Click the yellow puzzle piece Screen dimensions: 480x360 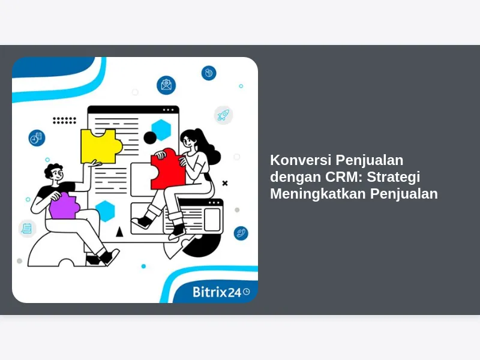point(100,146)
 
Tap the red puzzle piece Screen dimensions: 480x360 point(168,170)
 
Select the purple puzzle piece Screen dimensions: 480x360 point(64,206)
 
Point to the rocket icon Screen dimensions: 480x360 point(223,115)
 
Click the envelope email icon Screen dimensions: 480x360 point(166,85)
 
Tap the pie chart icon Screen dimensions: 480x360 point(209,73)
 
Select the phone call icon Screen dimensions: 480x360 point(241,233)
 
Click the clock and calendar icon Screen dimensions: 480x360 point(37,138)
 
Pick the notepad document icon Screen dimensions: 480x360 point(27,229)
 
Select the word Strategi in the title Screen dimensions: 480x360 point(394,177)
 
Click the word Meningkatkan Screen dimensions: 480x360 point(318,194)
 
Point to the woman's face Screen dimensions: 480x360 point(188,140)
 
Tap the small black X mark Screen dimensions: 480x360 point(225,183)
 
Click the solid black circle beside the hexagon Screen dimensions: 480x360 point(150,138)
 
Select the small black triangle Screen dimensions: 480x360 point(119,232)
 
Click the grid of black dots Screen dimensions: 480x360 point(64,121)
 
